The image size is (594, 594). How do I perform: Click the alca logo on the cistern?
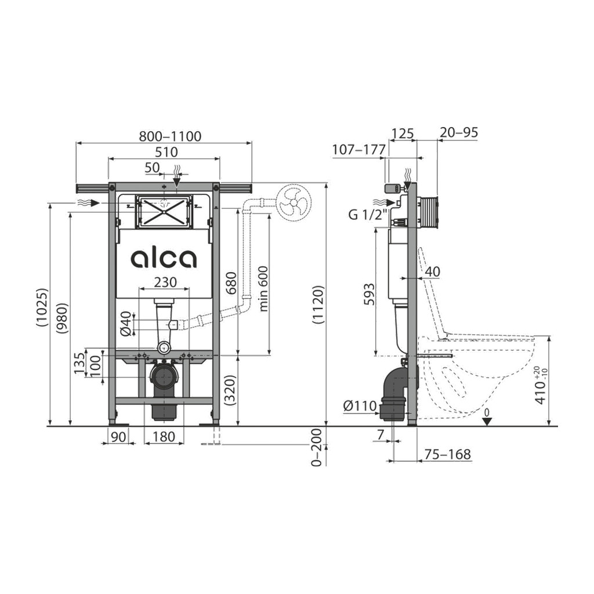164,259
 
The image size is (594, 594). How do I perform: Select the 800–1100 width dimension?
170,136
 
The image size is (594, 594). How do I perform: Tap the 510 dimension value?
166,152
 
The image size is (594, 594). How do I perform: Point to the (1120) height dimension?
318,305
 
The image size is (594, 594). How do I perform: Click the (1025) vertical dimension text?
42,307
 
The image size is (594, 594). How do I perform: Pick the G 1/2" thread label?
367,215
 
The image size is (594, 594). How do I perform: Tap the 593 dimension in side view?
368,294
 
